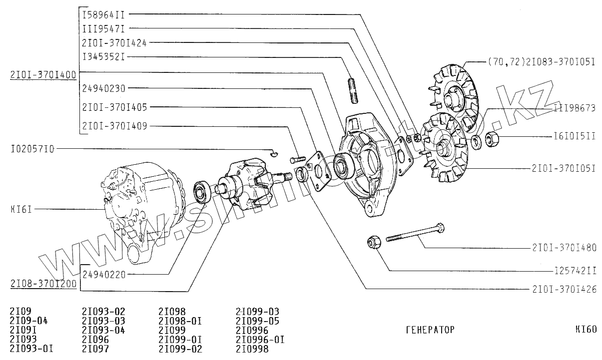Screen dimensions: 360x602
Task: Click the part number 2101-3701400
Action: pyautogui.click(x=42, y=75)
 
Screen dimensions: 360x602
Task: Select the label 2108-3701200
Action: pyautogui.click(x=42, y=284)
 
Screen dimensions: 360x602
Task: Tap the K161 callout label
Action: pyautogui.click(x=20, y=210)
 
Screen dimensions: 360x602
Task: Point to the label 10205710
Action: pyautogui.click(x=32, y=149)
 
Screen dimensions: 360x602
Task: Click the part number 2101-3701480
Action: pyautogui.click(x=564, y=247)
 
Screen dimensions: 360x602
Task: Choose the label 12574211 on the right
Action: pyautogui.click(x=575, y=271)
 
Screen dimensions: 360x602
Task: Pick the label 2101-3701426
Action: pyautogui.click(x=564, y=289)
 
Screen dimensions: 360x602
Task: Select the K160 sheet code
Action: pyautogui.click(x=586, y=330)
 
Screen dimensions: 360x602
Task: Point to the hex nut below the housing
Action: pyautogui.click(x=374, y=242)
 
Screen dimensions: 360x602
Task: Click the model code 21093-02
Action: pyautogui.click(x=103, y=312)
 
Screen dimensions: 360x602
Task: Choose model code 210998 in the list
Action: pyautogui.click(x=252, y=349)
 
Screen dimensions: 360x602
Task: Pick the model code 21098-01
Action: pyautogui.click(x=180, y=321)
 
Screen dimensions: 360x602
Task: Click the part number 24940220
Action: pyautogui.click(x=104, y=274)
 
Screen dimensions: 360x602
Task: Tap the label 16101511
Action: pyautogui.click(x=575, y=136)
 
